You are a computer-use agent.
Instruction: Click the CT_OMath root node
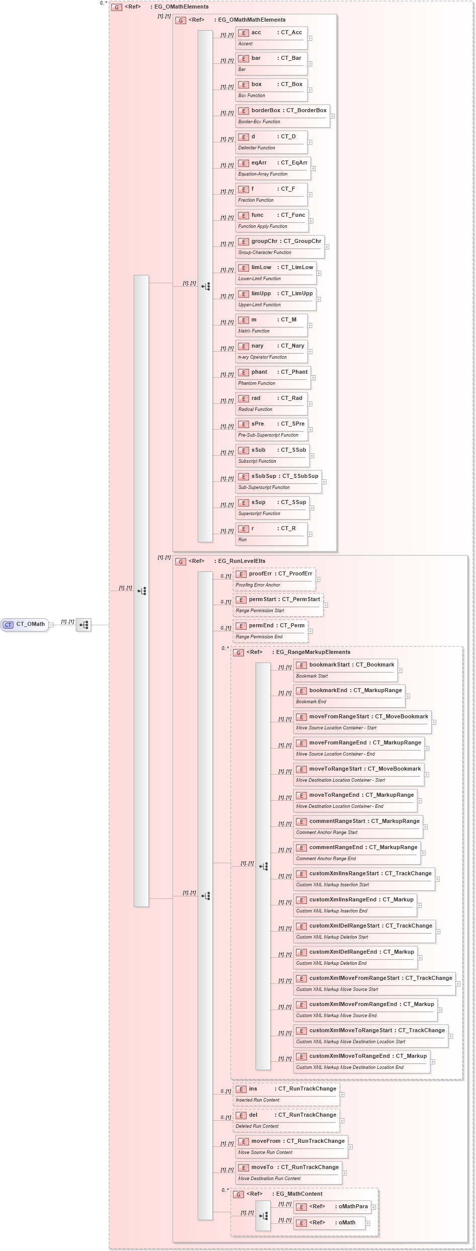[25, 624]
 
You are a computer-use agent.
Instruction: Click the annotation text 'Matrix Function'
[254, 331]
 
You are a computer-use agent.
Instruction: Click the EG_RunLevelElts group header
[242, 561]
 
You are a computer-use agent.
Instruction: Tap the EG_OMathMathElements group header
[252, 20]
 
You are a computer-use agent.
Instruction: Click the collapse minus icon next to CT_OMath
[51, 625]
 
